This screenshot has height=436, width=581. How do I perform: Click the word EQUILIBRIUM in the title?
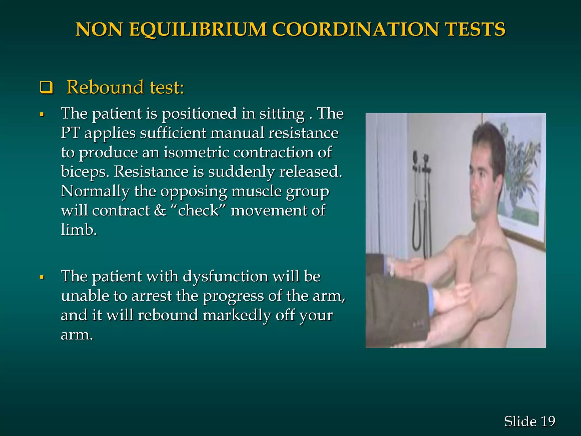coord(198,30)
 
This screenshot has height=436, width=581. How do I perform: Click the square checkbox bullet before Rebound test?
coord(46,88)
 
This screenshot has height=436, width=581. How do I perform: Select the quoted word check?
coord(198,211)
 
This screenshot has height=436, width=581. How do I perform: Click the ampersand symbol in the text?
coord(160,211)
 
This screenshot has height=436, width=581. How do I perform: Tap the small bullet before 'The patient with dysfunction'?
coord(42,277)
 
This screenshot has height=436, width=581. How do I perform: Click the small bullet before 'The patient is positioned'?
coord(42,115)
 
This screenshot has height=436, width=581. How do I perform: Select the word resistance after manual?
coord(303,133)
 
